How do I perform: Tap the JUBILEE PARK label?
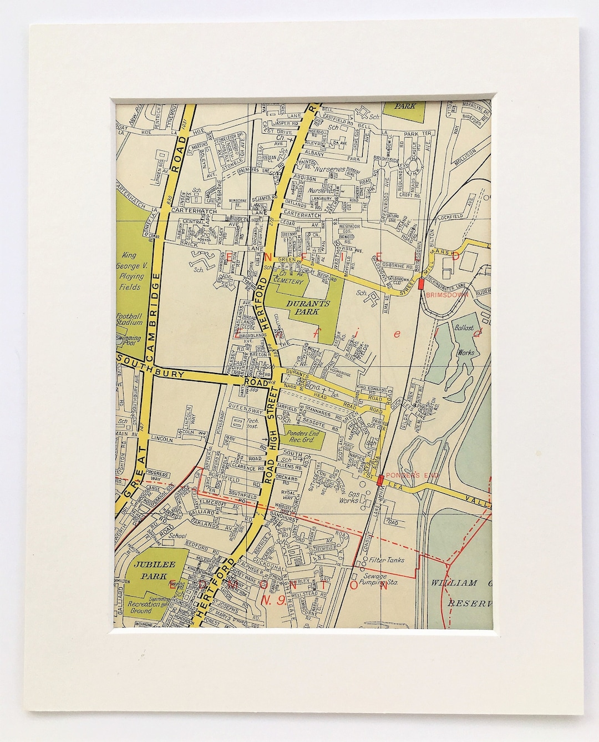150,570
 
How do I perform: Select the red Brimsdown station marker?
422,283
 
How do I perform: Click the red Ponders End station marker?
380,480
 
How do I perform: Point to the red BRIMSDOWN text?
448,295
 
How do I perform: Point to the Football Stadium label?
129,319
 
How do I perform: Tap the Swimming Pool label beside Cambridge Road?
129,340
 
